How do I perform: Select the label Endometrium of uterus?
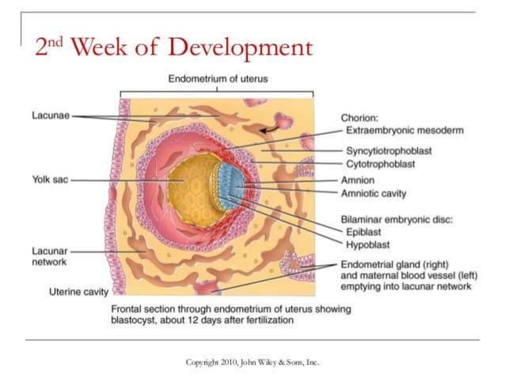(218, 79)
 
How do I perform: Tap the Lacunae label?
(50, 116)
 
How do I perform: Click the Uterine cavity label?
(78, 291)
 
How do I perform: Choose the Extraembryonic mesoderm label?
(404, 130)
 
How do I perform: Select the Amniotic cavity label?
(373, 192)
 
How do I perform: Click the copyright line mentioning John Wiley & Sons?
(252, 362)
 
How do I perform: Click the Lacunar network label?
(50, 255)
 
